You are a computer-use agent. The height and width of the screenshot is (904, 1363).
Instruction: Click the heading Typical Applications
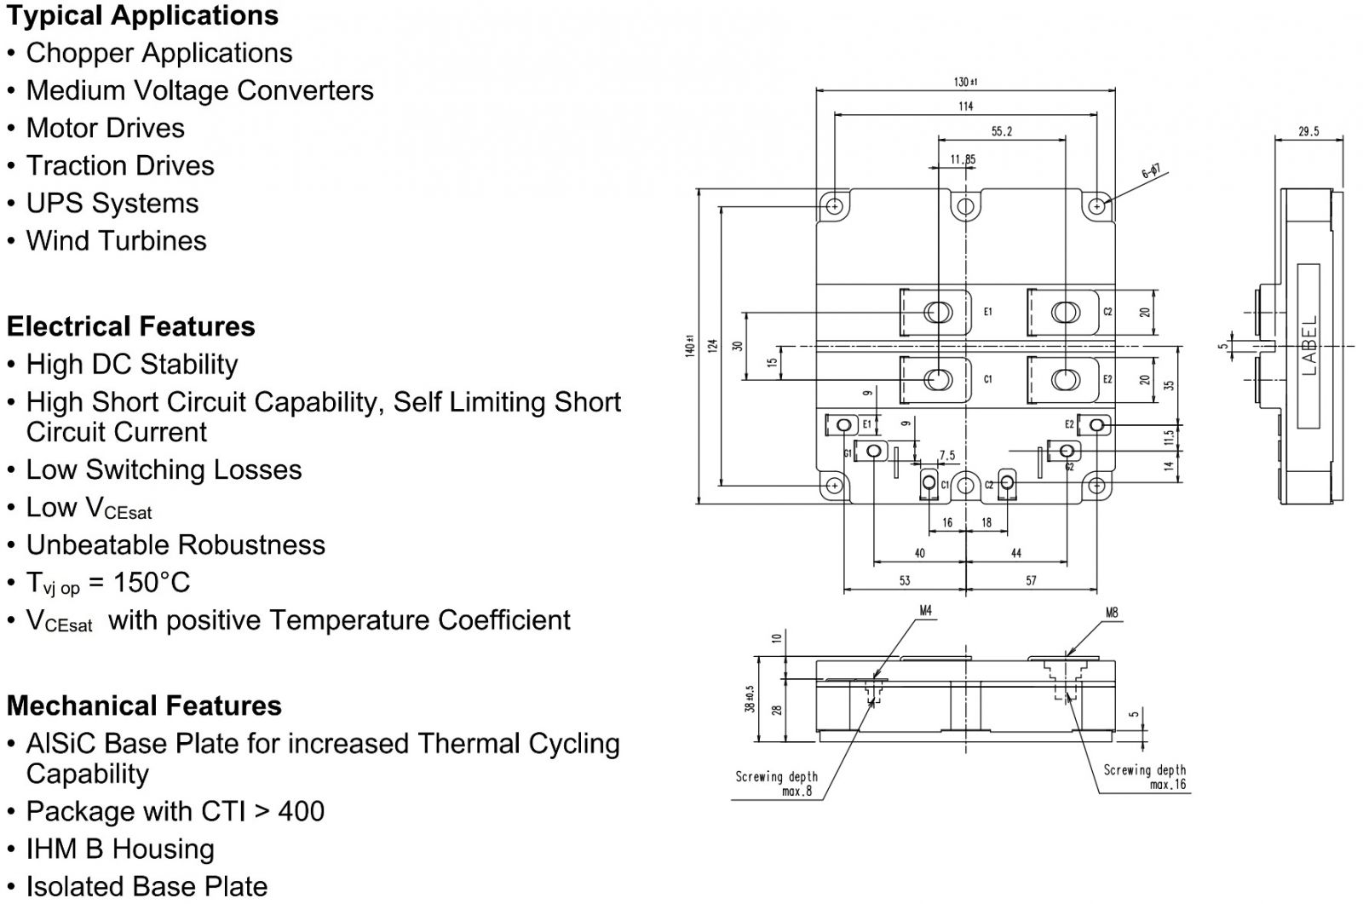142,15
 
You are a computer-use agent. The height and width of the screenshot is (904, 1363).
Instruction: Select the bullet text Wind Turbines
116,240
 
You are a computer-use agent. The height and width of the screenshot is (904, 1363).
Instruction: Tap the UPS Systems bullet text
112,203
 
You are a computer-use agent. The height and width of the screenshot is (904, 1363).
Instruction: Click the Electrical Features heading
130,326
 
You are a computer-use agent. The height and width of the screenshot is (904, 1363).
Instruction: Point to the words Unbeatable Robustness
175,544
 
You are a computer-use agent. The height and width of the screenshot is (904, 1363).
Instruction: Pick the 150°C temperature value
152,583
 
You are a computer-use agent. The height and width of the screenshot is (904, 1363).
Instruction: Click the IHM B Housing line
120,849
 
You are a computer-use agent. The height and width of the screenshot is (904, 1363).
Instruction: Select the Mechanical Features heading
144,705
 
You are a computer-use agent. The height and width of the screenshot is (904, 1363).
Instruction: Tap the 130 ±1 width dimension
965,82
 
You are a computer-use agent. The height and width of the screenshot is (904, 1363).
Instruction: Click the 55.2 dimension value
1001,131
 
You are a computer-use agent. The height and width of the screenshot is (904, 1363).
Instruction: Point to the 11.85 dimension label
963,159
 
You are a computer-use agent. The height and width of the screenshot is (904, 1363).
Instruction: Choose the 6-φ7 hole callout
1151,172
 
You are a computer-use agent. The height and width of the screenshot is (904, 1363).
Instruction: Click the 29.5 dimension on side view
1308,131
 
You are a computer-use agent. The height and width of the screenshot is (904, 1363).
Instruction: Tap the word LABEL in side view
1309,346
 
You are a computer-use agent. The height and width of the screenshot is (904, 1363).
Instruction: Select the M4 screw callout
925,611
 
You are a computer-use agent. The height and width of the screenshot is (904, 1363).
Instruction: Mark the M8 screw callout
1112,612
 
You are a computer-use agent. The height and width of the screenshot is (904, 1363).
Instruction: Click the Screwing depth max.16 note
1144,776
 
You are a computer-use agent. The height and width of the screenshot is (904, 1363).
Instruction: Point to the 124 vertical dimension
714,346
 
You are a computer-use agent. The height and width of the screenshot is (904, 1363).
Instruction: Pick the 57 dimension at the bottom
1031,580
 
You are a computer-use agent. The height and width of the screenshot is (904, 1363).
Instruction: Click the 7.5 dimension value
946,456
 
